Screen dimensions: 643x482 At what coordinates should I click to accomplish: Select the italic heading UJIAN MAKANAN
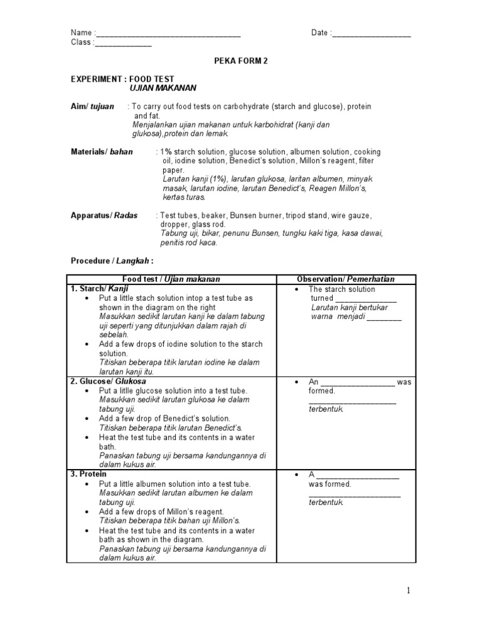click(x=163, y=89)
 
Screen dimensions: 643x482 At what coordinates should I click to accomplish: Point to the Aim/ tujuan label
click(x=92, y=107)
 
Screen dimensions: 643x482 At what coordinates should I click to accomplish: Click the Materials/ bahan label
click(x=102, y=153)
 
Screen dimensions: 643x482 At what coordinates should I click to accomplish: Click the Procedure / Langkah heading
click(x=112, y=261)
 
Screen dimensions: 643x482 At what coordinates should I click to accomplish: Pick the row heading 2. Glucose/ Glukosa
click(x=108, y=381)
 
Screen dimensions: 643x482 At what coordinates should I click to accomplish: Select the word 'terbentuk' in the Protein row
click(x=326, y=503)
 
